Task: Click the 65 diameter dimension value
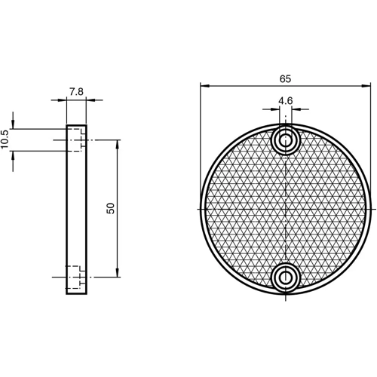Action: (x=285, y=79)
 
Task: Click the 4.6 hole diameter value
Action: (x=285, y=100)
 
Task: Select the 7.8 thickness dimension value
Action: (x=76, y=92)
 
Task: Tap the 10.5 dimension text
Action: (x=5, y=139)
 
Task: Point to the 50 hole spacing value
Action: (x=111, y=209)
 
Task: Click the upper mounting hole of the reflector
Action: (x=286, y=139)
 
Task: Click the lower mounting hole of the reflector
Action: (x=286, y=277)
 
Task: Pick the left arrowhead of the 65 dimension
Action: (x=204, y=86)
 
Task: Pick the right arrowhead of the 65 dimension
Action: (x=368, y=86)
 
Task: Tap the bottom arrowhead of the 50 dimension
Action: (x=117, y=274)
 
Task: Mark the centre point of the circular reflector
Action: (x=286, y=208)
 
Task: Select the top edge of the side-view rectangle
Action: (x=76, y=124)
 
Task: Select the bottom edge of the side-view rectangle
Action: (x=76, y=293)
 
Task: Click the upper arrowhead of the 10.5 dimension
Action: (x=15, y=126)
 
